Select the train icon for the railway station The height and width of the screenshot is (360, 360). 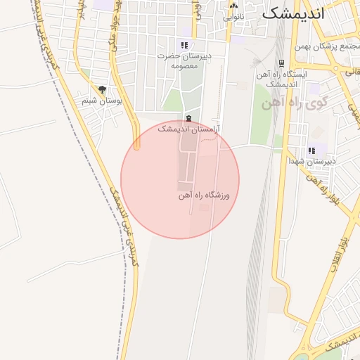tap(281, 63)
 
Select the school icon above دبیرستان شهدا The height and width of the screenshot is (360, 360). tap(311, 150)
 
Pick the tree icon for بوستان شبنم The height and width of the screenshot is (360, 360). tap(103, 89)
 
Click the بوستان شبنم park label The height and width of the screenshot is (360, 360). tap(102, 101)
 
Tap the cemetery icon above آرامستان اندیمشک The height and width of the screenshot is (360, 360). tap(188, 118)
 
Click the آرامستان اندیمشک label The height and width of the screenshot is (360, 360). tap(188, 129)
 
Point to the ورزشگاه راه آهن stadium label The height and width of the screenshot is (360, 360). tap(204, 195)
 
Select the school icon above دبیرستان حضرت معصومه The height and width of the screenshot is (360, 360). tap(184, 45)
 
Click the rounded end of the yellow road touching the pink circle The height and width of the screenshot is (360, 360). tap(137, 146)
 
